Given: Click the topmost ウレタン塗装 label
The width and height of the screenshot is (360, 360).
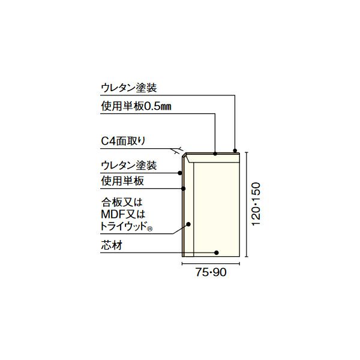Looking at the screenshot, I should point(128,88).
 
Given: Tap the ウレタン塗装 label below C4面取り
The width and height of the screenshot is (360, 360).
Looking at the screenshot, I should point(128,164).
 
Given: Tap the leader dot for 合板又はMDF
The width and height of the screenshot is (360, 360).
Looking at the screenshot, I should point(188,225).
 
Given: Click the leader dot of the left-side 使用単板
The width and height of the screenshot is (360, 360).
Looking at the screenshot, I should point(183,188).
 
